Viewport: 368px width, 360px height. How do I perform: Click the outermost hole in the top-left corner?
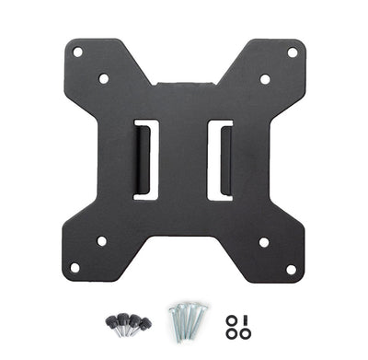[77, 52]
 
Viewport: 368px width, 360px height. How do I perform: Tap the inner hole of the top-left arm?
[103, 79]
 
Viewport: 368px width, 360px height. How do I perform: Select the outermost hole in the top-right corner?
[292, 52]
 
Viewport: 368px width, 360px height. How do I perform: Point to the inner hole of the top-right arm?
[265, 79]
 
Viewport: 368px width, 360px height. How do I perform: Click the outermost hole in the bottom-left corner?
[75, 268]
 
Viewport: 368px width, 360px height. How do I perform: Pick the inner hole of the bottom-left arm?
[101, 241]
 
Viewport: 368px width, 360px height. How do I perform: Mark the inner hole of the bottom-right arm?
[264, 242]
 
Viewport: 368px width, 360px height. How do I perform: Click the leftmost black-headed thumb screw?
[111, 322]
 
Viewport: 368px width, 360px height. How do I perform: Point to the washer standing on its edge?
[245, 318]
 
